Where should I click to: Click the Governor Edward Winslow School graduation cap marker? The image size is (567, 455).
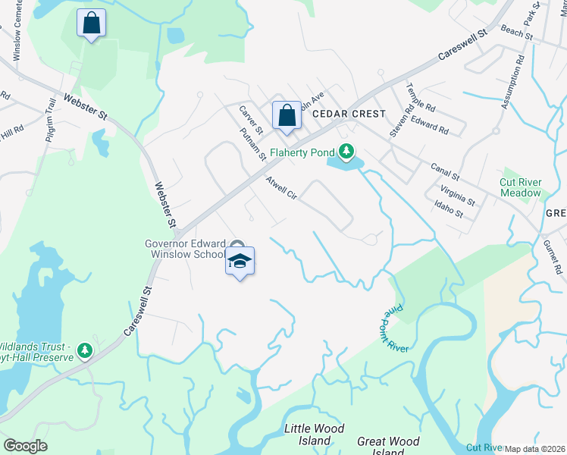point(240,262)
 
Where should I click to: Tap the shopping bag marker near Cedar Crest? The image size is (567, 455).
point(287,116)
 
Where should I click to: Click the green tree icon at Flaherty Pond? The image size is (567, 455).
point(346,152)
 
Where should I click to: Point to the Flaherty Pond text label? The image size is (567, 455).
point(302,151)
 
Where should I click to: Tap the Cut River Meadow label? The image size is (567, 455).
point(521,187)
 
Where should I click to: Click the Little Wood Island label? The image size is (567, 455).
point(309,435)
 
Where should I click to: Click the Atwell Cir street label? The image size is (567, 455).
point(280,189)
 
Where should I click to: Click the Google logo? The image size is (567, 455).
point(25,446)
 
